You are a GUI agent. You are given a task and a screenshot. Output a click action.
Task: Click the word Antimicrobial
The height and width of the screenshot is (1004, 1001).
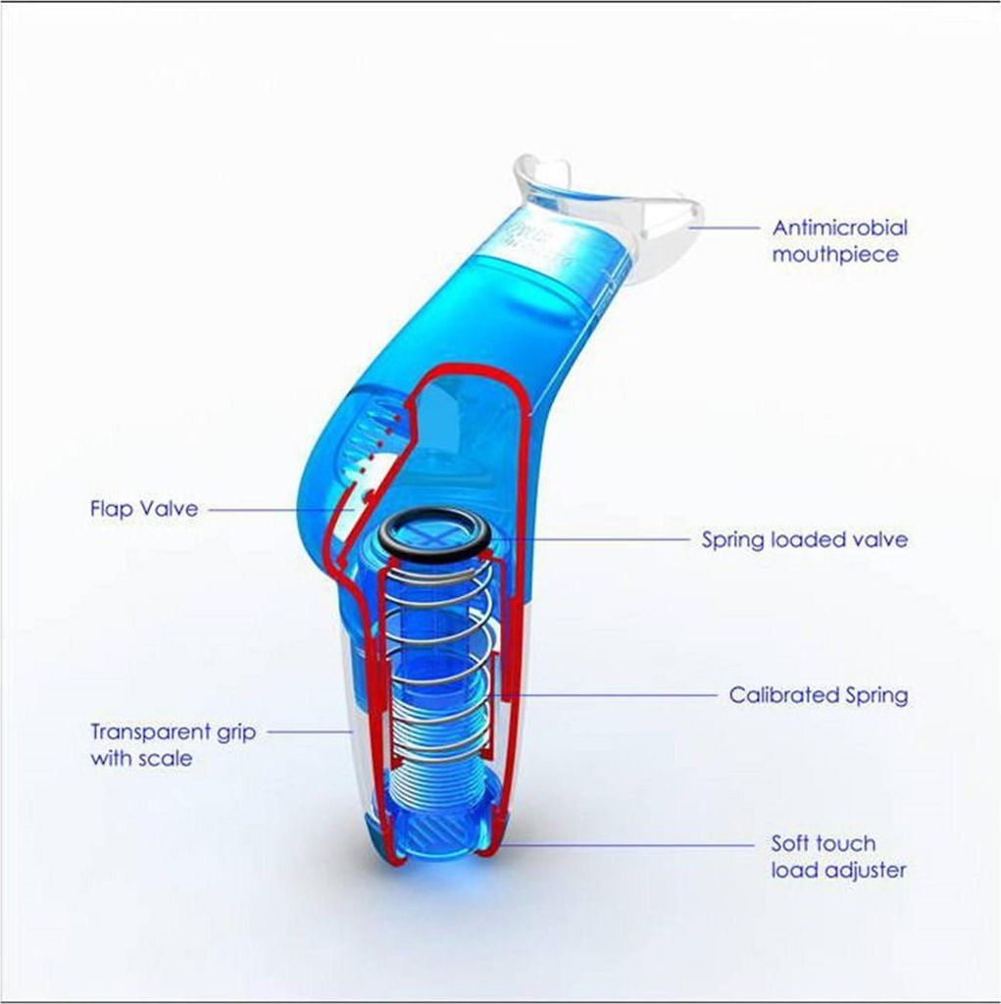coord(839,227)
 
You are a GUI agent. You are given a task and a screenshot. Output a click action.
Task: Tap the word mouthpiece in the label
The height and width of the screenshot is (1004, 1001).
coord(835,254)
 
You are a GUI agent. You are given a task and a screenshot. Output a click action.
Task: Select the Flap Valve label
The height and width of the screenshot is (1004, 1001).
coord(144,509)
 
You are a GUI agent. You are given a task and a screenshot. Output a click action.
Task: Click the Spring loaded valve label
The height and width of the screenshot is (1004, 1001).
coord(804,539)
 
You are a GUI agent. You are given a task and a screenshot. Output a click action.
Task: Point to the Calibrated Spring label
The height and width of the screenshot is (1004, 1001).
coord(819,695)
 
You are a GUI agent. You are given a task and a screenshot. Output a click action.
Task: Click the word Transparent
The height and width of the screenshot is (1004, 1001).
coord(150,731)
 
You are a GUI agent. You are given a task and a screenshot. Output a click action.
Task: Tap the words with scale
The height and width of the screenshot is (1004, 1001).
coord(141,759)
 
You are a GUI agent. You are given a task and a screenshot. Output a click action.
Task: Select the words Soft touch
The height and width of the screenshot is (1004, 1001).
coord(823,843)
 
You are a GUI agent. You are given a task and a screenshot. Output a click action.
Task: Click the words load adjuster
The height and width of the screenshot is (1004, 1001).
coord(838,871)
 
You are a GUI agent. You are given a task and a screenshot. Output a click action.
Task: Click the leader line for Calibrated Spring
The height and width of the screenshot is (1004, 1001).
coord(603,695)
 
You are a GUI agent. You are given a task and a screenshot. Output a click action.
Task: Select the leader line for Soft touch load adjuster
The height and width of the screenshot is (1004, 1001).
coord(626,845)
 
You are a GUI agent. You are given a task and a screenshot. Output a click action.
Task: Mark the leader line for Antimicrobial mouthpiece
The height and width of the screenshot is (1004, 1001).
coord(724,227)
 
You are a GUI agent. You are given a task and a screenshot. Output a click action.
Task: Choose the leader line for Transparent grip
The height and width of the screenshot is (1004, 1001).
coord(310,731)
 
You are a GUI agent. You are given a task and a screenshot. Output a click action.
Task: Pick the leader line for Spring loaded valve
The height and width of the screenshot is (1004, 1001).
coord(590,540)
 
